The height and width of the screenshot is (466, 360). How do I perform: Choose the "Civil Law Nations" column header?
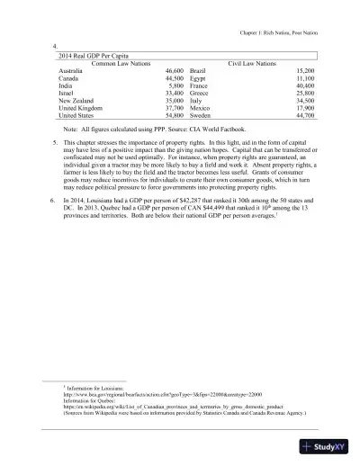point(257,63)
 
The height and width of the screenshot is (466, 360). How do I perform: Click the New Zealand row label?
point(76,101)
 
